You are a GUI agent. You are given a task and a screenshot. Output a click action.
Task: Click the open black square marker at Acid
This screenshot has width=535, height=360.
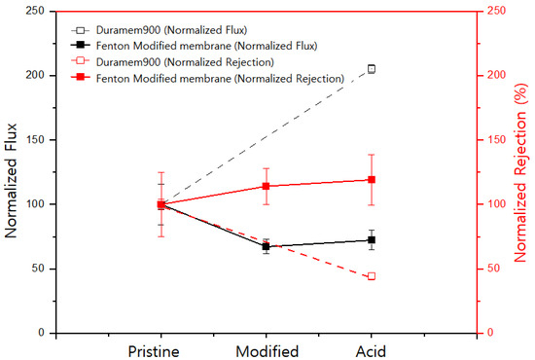(372, 69)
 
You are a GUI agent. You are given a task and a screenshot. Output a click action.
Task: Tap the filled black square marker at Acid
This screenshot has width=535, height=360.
(372, 240)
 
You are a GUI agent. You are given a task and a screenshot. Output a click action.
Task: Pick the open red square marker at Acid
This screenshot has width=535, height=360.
(372, 276)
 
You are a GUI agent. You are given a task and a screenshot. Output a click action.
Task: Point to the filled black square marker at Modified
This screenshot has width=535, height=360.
(266, 246)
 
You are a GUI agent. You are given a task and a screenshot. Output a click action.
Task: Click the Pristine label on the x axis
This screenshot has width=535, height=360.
(160, 350)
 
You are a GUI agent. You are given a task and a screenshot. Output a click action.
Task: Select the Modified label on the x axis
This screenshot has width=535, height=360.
(266, 350)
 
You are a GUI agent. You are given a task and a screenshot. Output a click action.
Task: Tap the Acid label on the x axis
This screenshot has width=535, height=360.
(372, 350)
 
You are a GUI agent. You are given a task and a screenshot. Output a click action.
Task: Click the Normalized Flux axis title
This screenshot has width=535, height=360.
(13, 172)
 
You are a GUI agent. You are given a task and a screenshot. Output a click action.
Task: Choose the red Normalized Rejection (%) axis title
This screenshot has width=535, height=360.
(522, 172)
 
